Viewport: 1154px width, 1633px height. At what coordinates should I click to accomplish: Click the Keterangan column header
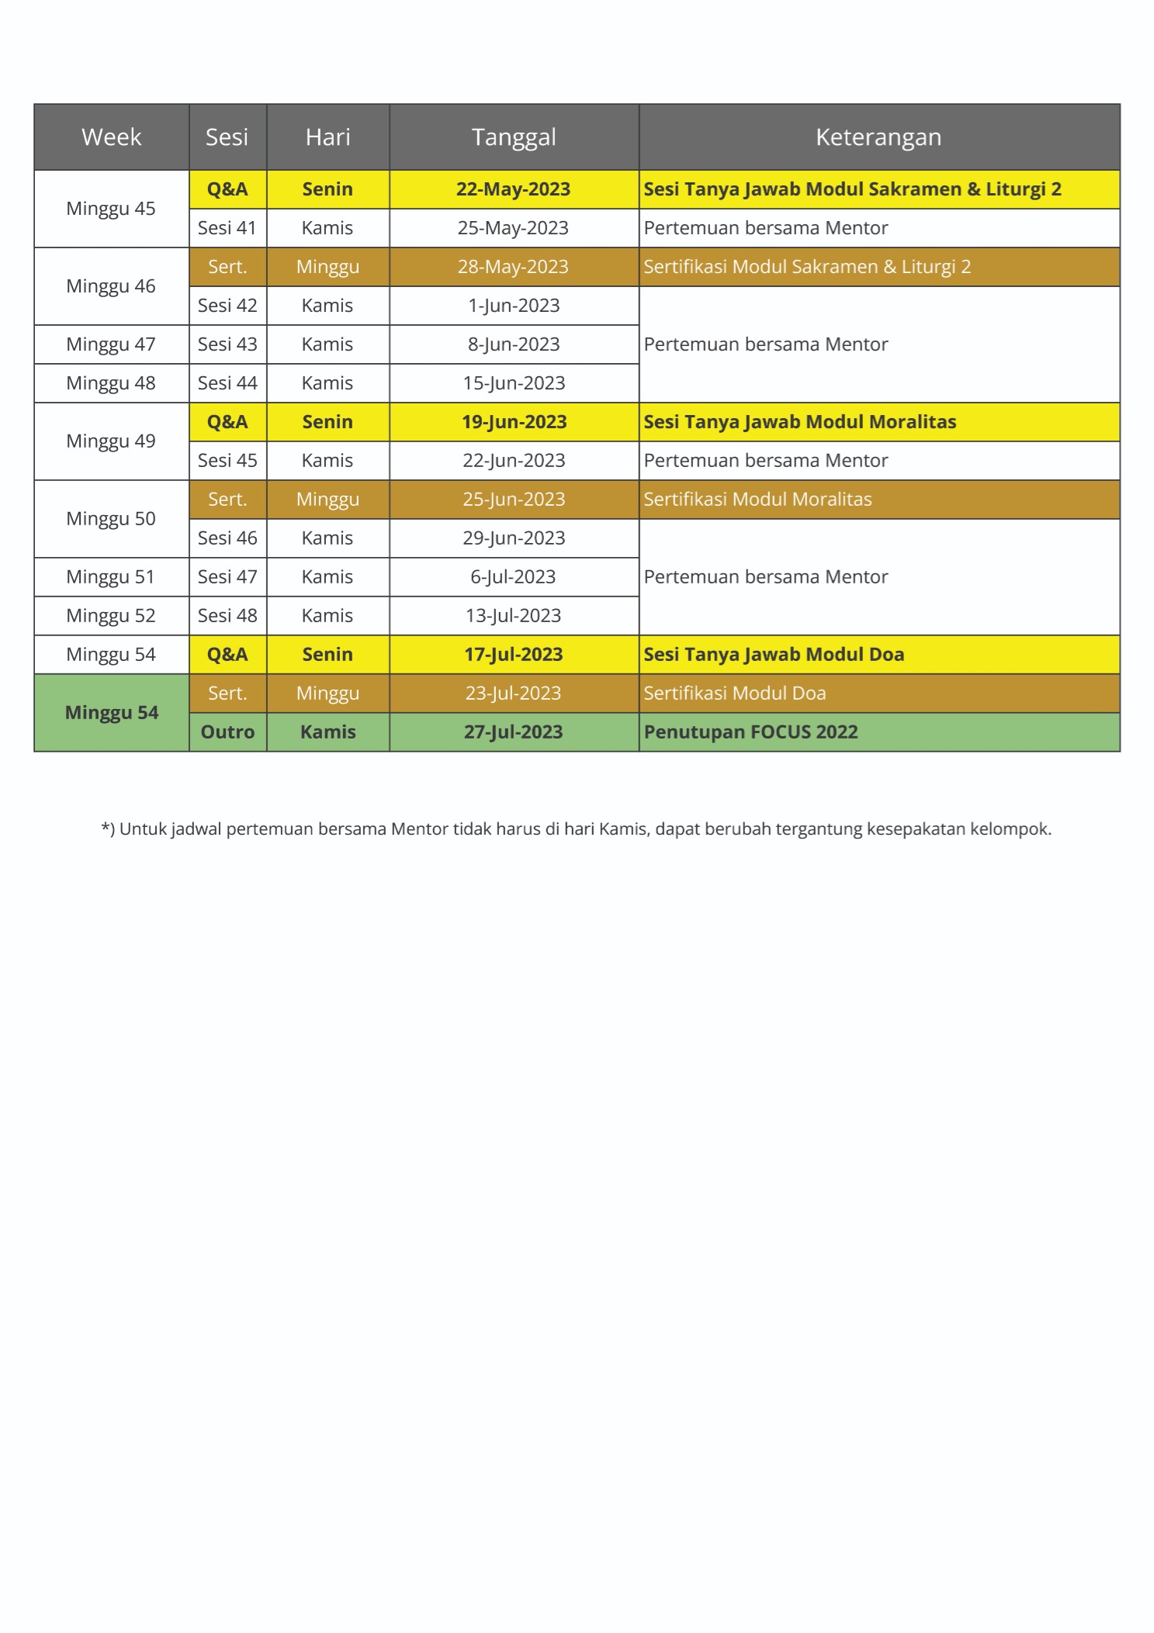878,137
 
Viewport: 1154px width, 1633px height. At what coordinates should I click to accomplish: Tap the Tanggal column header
514,137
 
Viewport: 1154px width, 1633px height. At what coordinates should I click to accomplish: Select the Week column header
111,137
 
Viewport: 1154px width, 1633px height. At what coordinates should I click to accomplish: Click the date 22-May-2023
513,189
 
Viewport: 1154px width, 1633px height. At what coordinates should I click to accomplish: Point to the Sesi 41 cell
227,228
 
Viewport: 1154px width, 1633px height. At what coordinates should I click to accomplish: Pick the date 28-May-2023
513,267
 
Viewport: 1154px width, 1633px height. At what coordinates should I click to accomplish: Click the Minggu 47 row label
111,344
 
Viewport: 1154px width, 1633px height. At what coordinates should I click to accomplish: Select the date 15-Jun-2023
514,383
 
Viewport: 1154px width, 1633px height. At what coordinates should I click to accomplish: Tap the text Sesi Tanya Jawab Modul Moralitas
799,422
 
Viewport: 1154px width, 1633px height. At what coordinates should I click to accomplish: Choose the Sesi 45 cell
227,461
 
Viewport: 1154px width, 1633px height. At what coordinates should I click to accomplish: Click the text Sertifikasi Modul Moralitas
757,500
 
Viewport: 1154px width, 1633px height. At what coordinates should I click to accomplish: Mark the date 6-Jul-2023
513,577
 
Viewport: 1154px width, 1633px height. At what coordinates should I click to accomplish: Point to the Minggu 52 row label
111,616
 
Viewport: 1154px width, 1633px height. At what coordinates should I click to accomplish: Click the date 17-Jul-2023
513,655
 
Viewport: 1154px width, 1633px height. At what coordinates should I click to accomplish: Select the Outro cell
227,732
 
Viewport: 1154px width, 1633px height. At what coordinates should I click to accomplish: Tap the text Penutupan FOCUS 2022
750,732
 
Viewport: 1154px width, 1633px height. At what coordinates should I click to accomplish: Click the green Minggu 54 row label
111,713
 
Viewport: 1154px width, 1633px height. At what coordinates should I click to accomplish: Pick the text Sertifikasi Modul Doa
734,694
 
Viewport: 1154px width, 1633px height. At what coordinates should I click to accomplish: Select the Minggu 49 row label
111,441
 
